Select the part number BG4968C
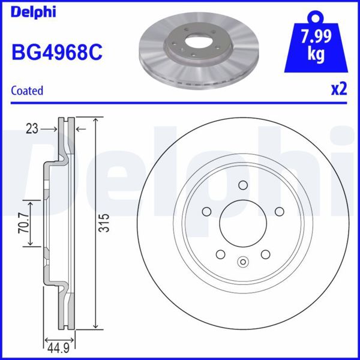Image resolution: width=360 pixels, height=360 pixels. pos(57,52)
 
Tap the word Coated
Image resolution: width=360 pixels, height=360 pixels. pos(28,91)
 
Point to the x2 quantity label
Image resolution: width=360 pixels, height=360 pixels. pos(339,90)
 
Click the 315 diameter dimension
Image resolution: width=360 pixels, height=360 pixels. pos(104,223)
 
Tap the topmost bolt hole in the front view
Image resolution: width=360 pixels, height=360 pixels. pos(242,186)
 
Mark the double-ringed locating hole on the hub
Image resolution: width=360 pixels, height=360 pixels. pos(242,261)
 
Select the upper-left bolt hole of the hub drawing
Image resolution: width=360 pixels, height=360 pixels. pos(207,211)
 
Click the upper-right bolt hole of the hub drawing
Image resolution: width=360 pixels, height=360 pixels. pos(278,211)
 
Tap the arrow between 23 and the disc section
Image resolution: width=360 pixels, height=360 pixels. pos(47,128)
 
